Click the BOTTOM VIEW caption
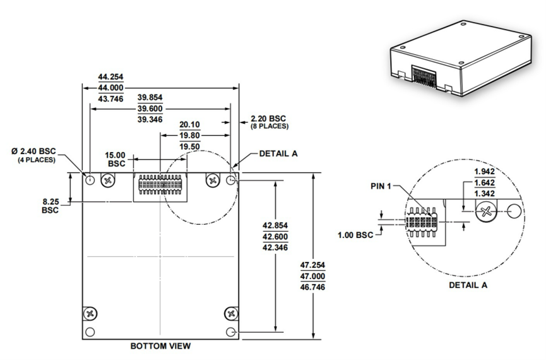pyautogui.click(x=160, y=346)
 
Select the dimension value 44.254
pyautogui.click(x=110, y=77)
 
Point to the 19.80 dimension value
pyautogui.click(x=189, y=135)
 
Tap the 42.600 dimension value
pyautogui.click(x=278, y=236)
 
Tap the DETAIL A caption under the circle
pyautogui.click(x=468, y=285)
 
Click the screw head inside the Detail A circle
pyautogui.click(x=485, y=213)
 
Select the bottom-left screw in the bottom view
pyautogui.click(x=91, y=313)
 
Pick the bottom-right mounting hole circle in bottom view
pyautogui.click(x=231, y=332)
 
